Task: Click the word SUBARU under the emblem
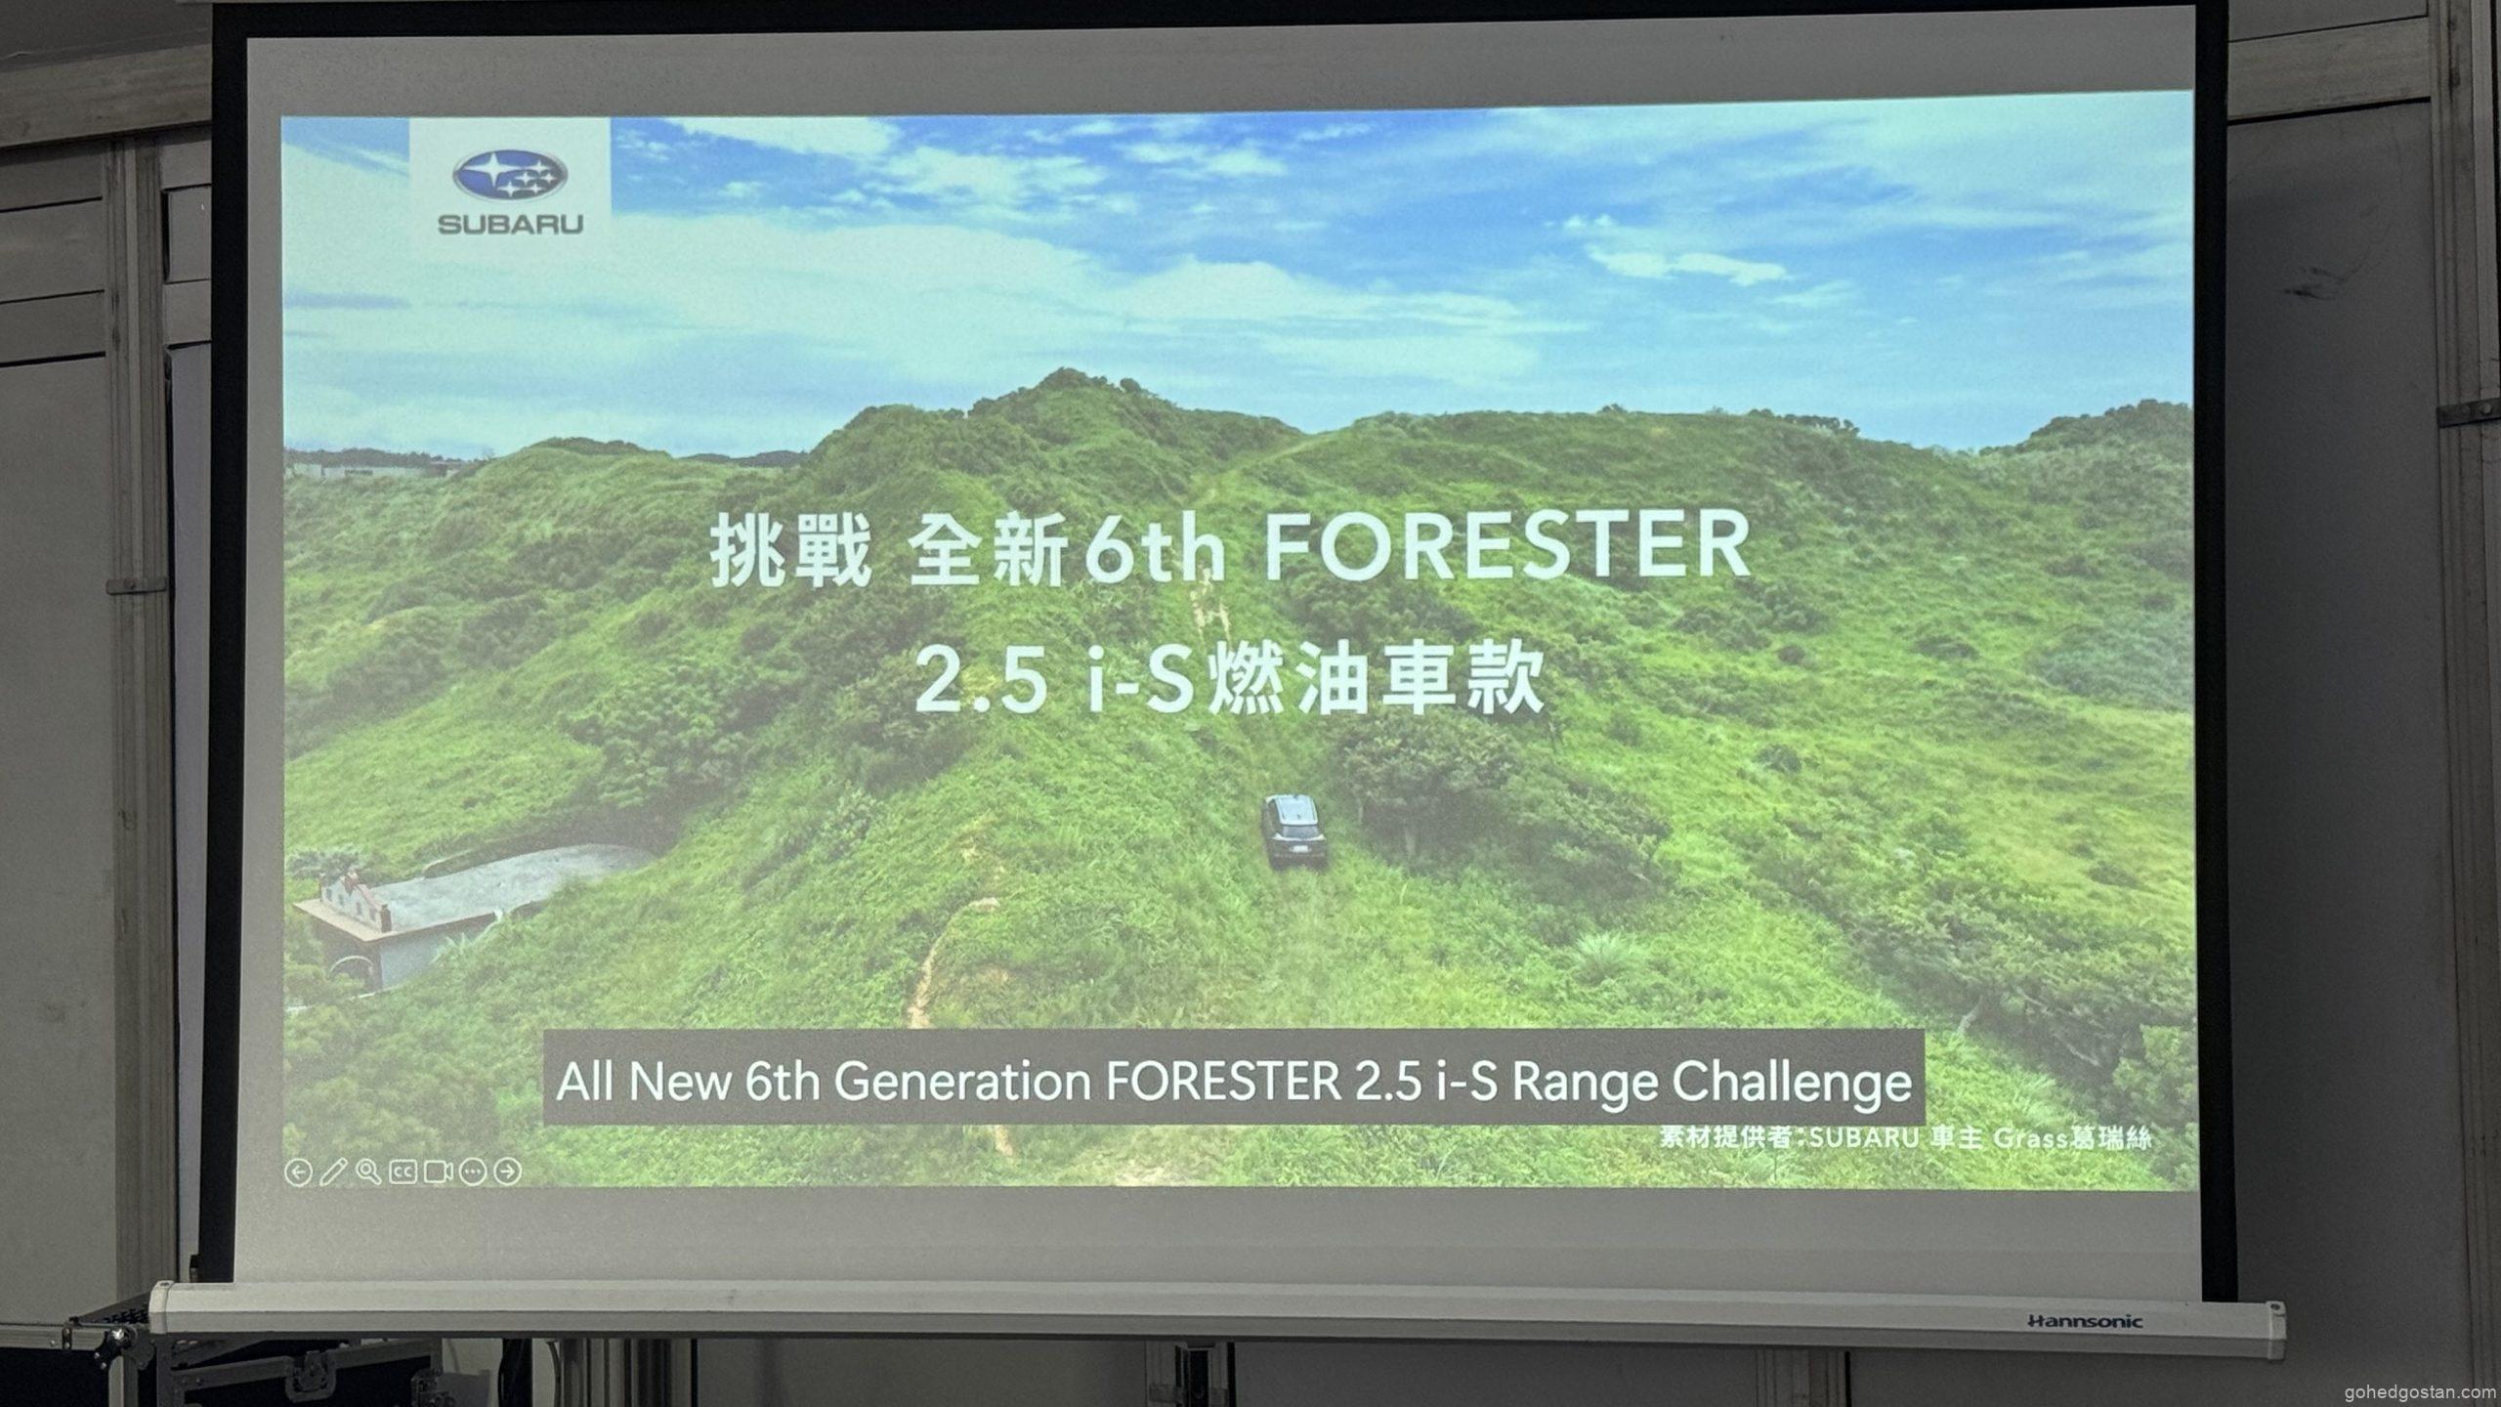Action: point(510,225)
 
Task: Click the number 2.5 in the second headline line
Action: point(980,681)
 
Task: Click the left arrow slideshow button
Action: point(298,1172)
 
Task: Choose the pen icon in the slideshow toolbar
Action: point(333,1171)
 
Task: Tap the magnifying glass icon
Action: point(368,1171)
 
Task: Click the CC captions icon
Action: point(403,1171)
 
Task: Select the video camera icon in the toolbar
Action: point(438,1171)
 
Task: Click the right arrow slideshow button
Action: point(508,1171)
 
